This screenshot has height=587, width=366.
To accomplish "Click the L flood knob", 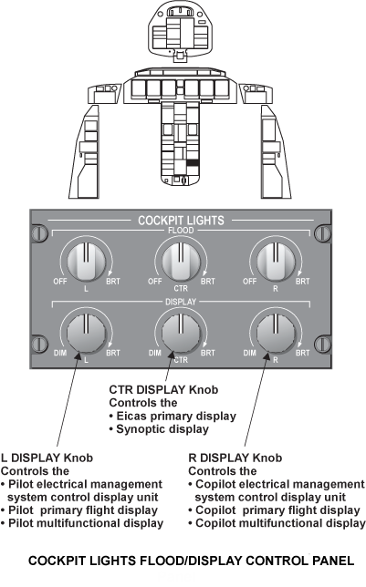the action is [x=86, y=262].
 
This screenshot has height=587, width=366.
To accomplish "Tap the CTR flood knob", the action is [x=181, y=262].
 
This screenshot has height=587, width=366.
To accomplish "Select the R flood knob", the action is [x=276, y=262].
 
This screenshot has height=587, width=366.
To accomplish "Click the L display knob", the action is [x=86, y=333].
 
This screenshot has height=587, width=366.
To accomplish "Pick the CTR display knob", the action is [x=181, y=333].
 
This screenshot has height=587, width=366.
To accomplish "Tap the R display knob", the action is [x=276, y=333].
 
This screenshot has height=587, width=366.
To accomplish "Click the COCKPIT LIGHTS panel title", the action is [x=181, y=221].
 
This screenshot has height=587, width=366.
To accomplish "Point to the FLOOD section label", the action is [x=181, y=231].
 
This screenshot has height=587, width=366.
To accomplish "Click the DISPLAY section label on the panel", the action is [x=181, y=302].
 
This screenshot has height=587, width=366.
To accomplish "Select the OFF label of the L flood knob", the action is [x=60, y=281].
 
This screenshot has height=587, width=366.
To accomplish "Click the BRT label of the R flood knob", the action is [x=303, y=281].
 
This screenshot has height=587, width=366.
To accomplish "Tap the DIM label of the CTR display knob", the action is [x=155, y=353].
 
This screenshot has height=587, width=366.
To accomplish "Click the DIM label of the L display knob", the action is [x=60, y=353].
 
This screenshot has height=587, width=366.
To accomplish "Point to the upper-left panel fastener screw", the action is [x=39, y=232].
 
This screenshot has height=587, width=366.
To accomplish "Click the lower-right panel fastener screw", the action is [x=322, y=344].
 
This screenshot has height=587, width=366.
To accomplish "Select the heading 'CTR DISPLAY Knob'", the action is [x=163, y=390].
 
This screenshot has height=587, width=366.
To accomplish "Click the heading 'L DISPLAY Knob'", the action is [x=47, y=458].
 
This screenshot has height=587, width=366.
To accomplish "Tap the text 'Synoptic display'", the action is [x=162, y=429].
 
